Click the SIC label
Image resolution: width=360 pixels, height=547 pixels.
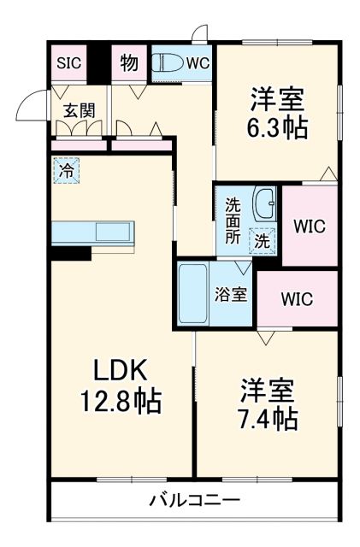pos(68,62)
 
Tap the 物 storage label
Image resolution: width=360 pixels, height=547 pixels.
pos(130,62)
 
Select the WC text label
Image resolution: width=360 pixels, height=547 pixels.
pos(198,62)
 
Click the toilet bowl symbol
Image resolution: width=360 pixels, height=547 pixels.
pos(167,62)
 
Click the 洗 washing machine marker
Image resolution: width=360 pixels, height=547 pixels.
pos(263,242)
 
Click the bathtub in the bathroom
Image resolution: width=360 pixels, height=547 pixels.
pos(194,293)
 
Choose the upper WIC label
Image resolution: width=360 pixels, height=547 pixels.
pos(309,226)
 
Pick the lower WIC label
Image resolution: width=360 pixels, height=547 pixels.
pos(297,299)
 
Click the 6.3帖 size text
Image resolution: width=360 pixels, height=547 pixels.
pos(279,129)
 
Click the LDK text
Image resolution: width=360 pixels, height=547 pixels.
pos(119,370)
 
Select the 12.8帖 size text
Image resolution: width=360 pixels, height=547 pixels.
pos(119,401)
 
